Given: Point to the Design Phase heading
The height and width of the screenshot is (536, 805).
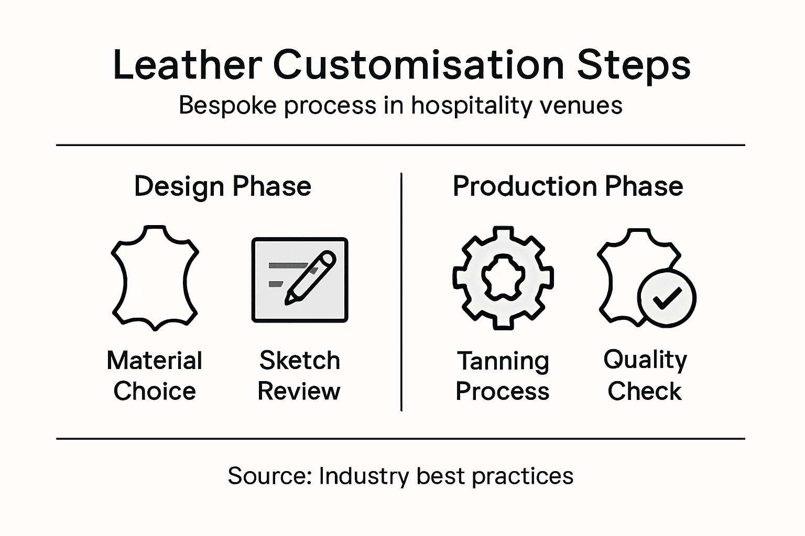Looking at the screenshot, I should click(x=223, y=186).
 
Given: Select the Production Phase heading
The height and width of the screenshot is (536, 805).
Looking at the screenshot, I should click(x=568, y=186).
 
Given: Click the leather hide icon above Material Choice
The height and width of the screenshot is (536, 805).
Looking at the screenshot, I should click(x=155, y=277).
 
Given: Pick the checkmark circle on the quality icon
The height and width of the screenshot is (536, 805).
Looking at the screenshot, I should click(x=666, y=298).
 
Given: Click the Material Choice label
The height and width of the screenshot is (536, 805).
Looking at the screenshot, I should click(x=155, y=375).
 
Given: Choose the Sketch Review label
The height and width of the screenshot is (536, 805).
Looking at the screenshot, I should click(x=299, y=375).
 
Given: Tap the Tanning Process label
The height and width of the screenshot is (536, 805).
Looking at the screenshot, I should click(x=503, y=375).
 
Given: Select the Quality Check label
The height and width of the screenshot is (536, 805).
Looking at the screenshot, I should click(x=645, y=375).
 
